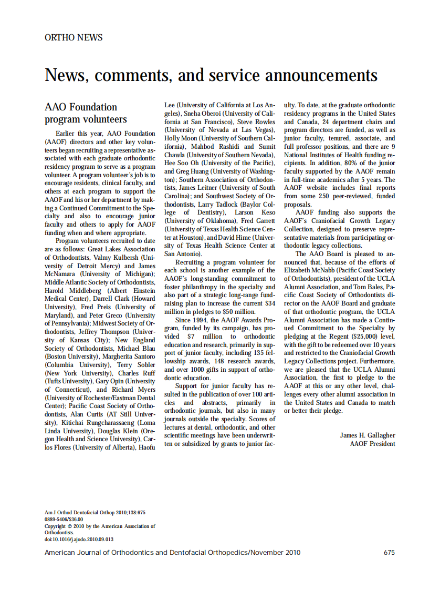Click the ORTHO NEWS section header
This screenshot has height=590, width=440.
pos(74,37)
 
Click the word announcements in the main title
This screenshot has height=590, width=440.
pos(321,75)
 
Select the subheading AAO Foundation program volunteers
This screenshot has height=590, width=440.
pos(86,113)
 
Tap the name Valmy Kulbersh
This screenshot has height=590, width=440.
pos(122,257)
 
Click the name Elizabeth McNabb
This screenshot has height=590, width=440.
pos(307,270)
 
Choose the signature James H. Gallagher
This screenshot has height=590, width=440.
pos(367,435)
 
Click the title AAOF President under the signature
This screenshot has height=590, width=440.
pos(372,443)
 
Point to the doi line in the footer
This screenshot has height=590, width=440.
pos(79,539)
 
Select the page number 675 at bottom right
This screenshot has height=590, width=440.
pos(389,553)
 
